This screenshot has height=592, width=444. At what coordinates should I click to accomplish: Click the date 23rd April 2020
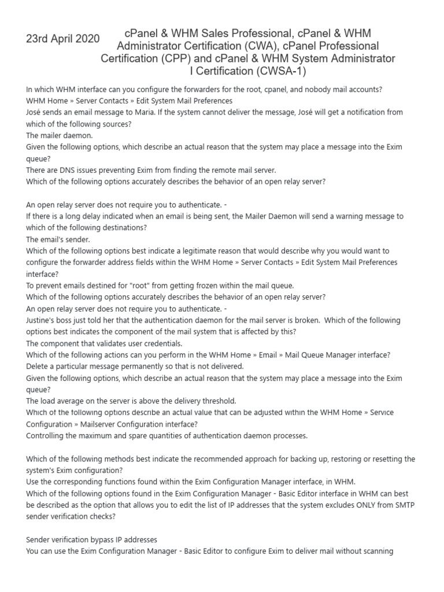point(63,39)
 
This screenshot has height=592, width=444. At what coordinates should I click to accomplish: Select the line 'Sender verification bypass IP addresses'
point(91,539)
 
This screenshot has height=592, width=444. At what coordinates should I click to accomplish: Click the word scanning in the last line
point(376,551)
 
